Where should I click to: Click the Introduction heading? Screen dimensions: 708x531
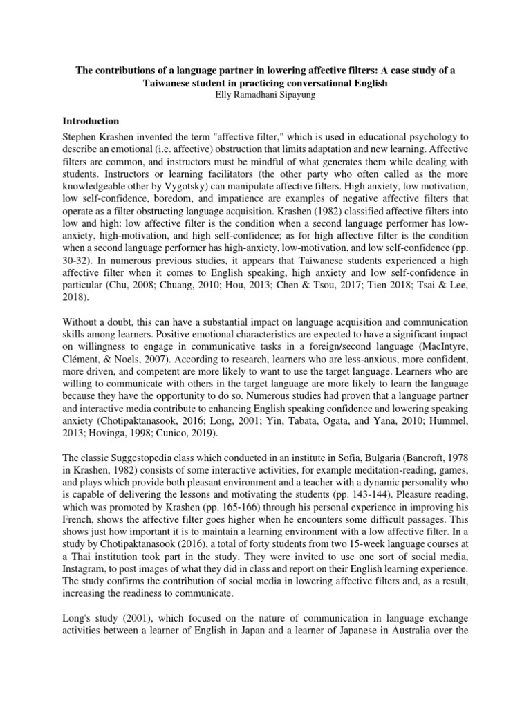(x=100, y=120)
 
